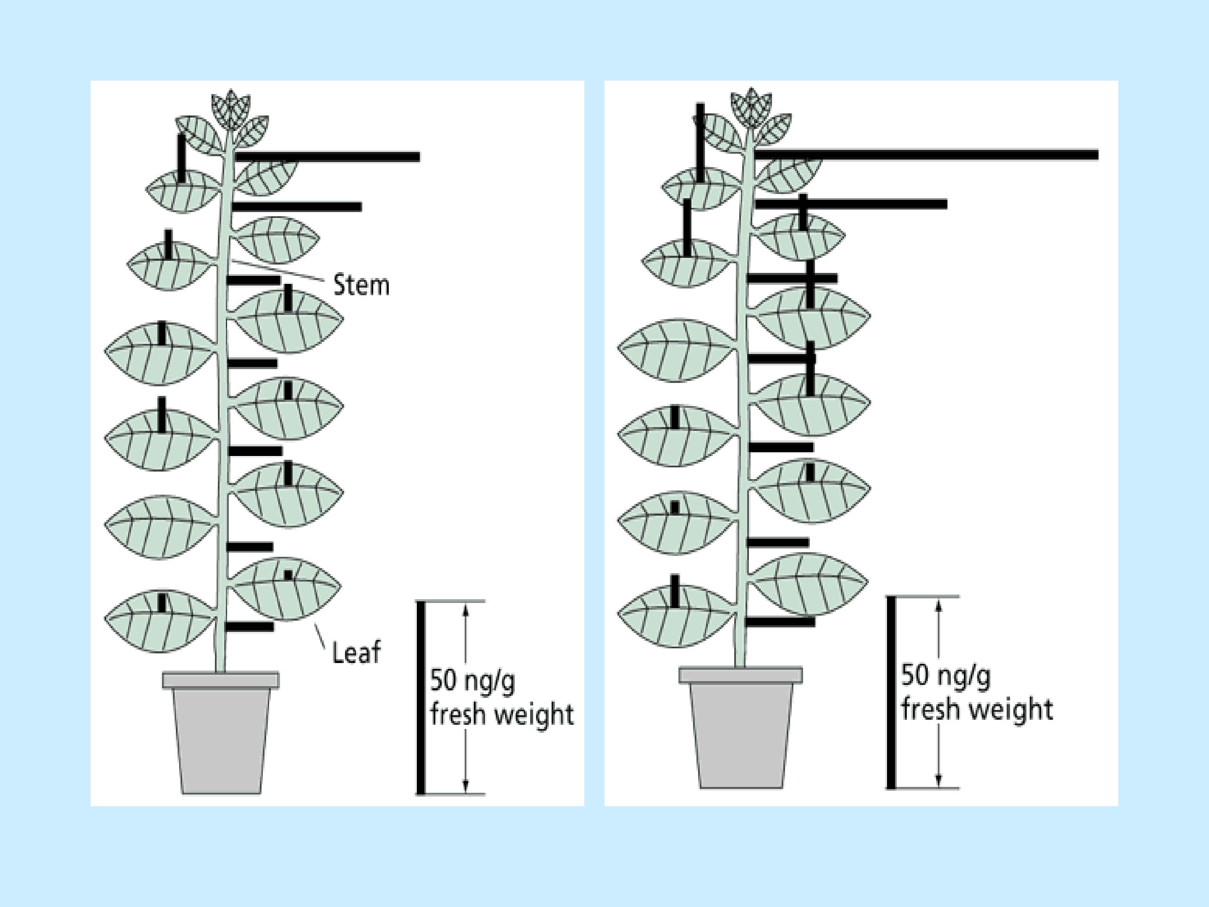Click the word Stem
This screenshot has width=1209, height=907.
(x=361, y=286)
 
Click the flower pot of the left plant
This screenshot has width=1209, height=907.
(x=221, y=733)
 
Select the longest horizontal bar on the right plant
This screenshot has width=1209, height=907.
(x=926, y=155)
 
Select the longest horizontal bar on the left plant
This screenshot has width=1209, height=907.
(x=327, y=157)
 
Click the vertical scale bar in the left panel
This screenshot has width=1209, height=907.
(x=420, y=697)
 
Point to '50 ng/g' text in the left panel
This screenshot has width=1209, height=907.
(x=472, y=681)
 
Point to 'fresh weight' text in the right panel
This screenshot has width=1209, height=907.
(x=977, y=709)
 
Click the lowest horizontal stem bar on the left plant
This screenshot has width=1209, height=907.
(x=249, y=627)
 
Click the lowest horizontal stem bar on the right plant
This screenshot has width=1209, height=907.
(x=780, y=621)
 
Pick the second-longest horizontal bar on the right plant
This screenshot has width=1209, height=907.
(x=851, y=204)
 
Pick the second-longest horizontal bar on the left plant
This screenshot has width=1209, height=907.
(x=297, y=207)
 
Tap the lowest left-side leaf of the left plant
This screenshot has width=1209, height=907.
(x=160, y=621)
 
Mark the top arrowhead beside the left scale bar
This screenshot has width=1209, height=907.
(x=466, y=608)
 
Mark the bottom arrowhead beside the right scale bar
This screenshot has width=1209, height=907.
(x=939, y=781)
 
